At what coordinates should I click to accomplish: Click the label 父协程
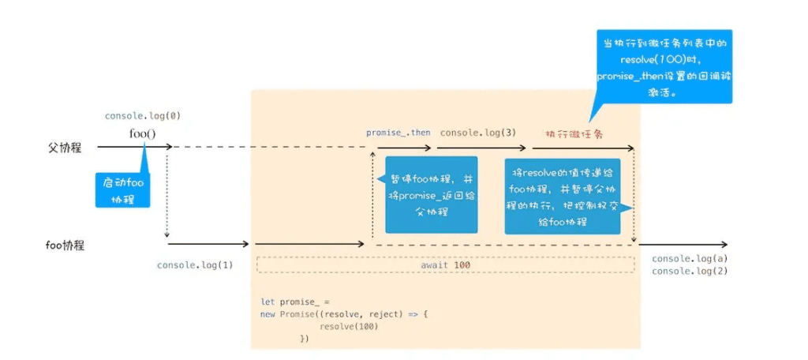[65, 147]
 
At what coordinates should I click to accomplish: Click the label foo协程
[65, 246]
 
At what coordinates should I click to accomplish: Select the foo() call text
[143, 133]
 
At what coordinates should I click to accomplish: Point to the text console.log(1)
[195, 264]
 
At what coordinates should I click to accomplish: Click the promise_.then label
[398, 133]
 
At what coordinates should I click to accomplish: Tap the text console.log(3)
[478, 133]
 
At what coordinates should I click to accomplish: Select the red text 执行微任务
[574, 133]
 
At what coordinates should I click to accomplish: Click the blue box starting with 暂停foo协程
[431, 194]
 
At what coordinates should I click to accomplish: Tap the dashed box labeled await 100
[446, 265]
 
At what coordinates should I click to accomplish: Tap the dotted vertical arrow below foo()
[167, 193]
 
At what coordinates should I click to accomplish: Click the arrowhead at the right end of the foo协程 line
[724, 246]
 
